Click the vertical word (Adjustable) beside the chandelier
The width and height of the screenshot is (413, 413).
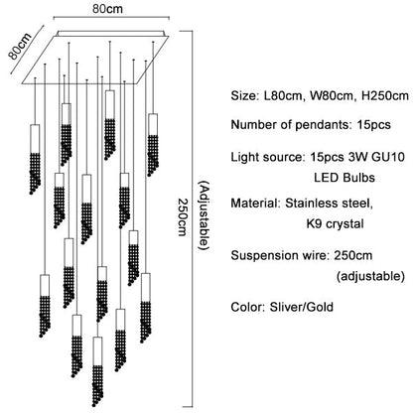(x=203, y=213)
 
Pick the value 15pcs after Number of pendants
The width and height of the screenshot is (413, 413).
(x=369, y=125)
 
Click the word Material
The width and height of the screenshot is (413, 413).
(x=255, y=206)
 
